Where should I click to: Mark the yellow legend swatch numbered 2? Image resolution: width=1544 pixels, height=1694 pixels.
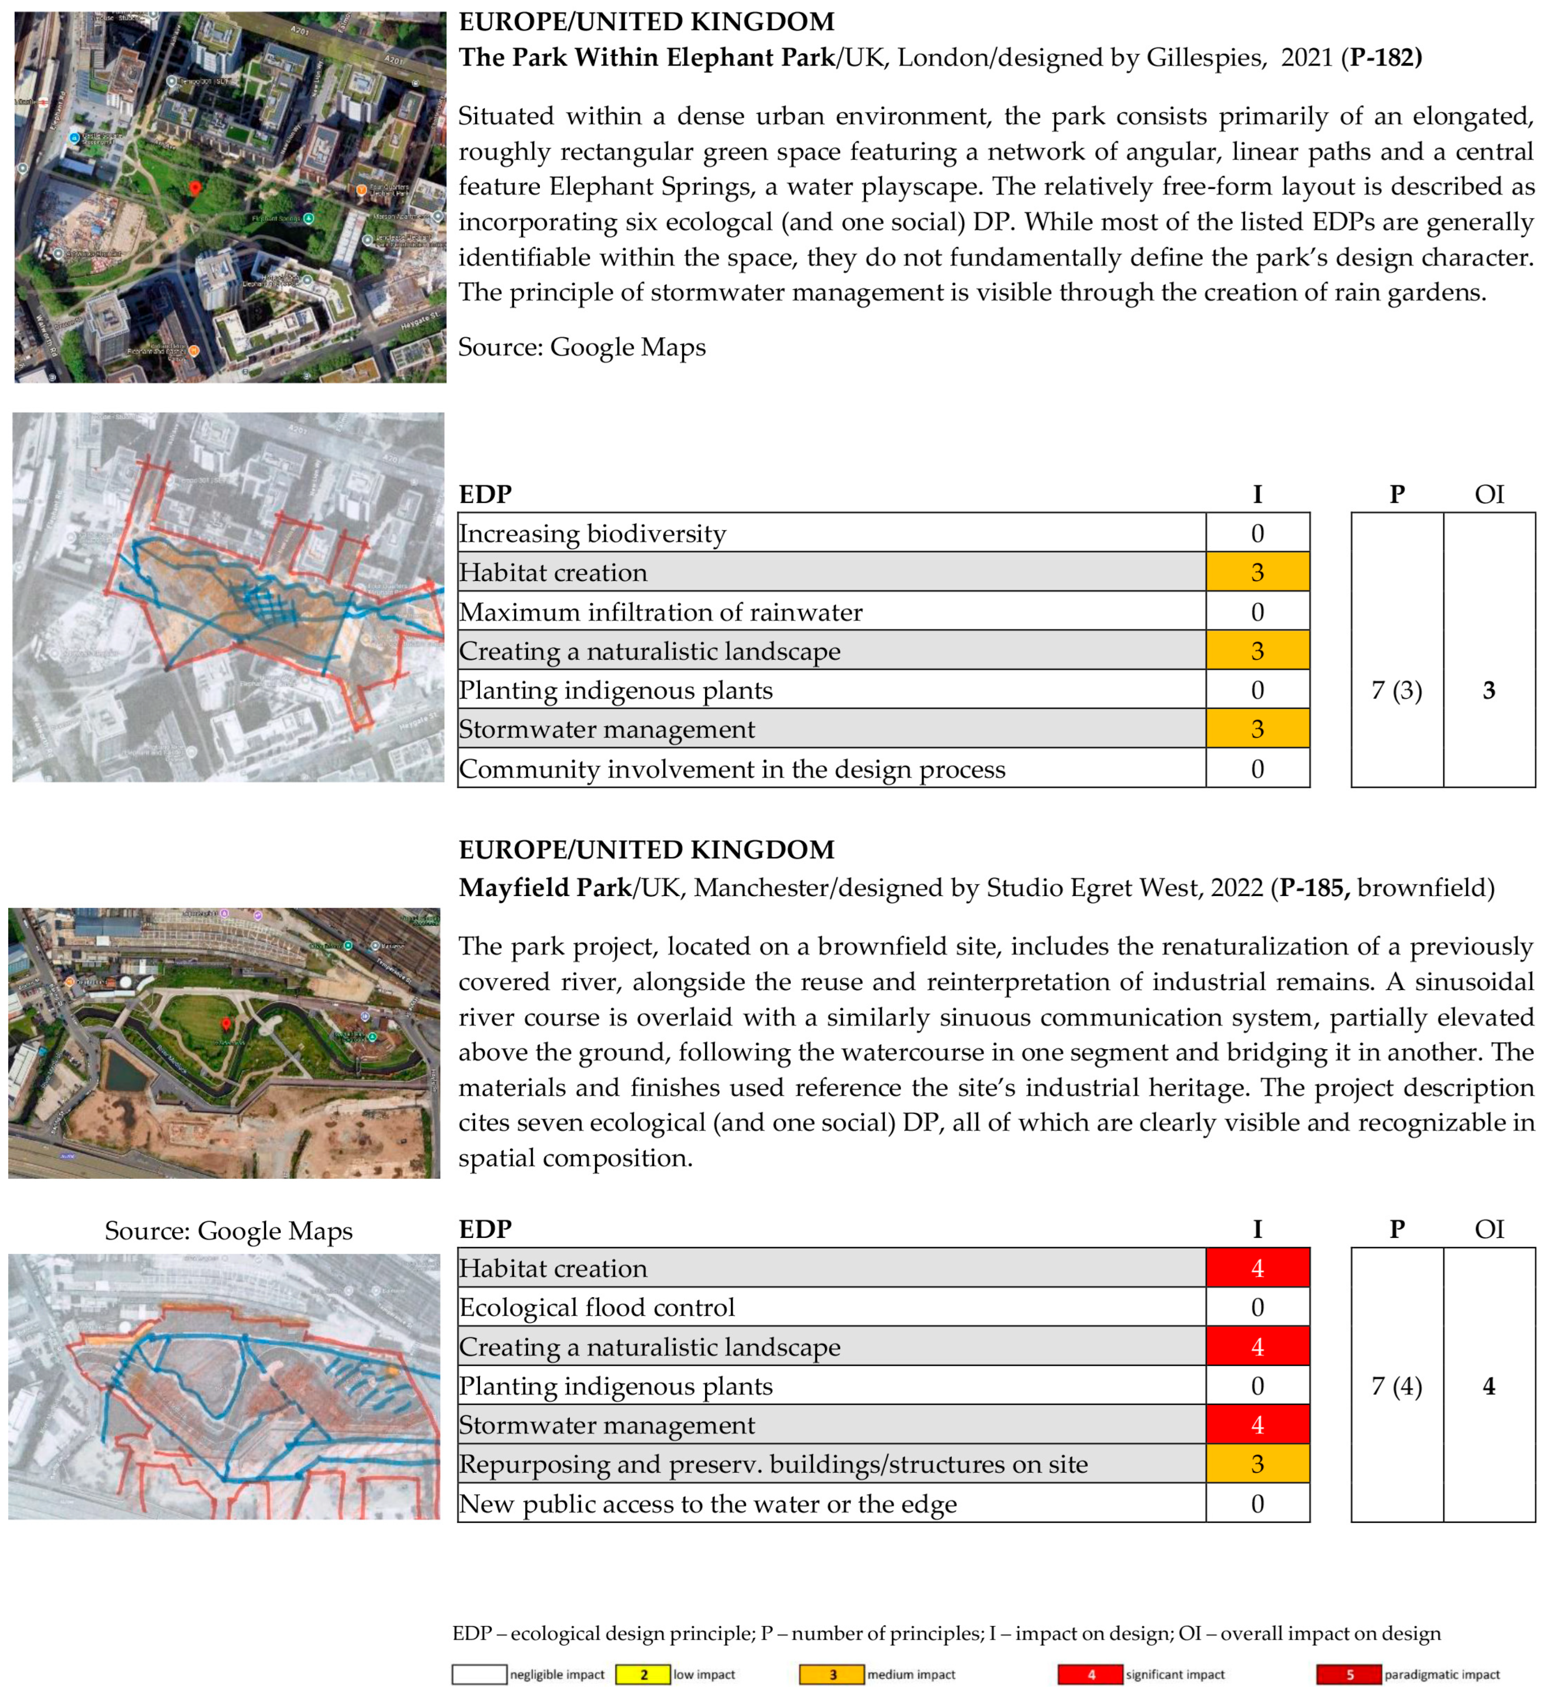643,1675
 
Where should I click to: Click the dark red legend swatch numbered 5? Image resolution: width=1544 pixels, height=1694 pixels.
1349,1675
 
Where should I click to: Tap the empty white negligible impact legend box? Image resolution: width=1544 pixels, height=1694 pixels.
480,1675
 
